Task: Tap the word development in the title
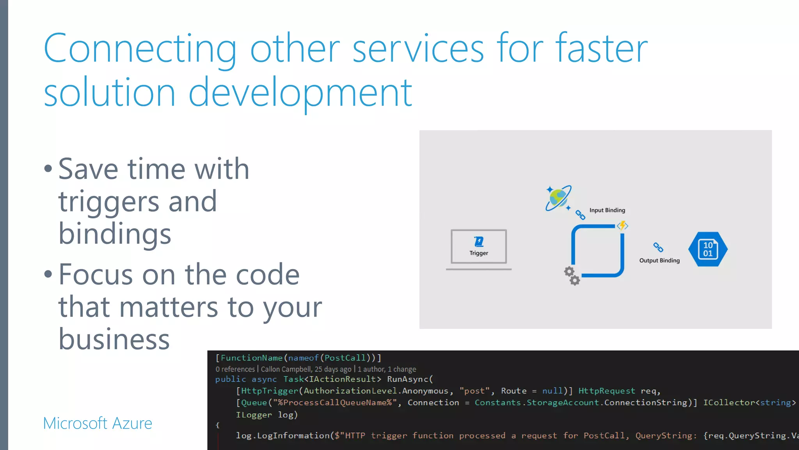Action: tap(300, 93)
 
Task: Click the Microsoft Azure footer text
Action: tap(98, 423)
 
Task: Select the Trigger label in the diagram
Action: tap(479, 253)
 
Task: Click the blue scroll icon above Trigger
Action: tap(479, 242)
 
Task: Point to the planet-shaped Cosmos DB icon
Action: tap(558, 198)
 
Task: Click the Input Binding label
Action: tap(607, 210)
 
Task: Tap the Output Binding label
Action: tap(659, 261)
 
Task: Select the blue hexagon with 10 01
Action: tap(708, 249)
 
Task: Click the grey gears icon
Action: tap(572, 276)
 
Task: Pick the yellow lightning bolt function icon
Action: tap(622, 225)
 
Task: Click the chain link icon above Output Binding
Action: tap(658, 247)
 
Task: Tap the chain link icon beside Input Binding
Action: tap(581, 214)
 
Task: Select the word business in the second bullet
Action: tap(114, 339)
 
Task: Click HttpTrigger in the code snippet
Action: tap(270, 391)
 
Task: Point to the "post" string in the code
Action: tap(474, 391)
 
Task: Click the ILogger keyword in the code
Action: tap(254, 415)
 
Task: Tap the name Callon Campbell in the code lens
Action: tap(286, 369)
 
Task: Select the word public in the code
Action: tap(231, 379)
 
